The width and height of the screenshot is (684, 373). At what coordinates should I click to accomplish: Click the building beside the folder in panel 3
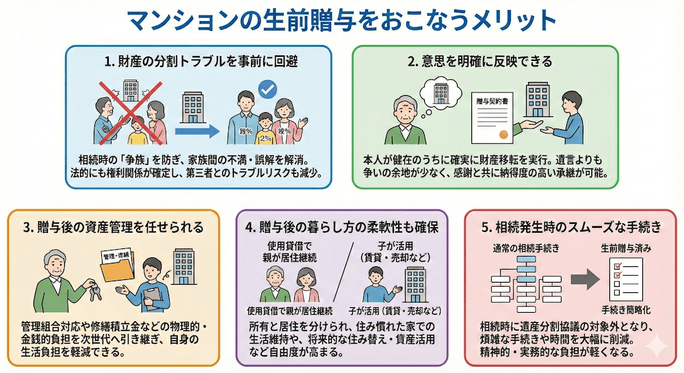click(x=183, y=263)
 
